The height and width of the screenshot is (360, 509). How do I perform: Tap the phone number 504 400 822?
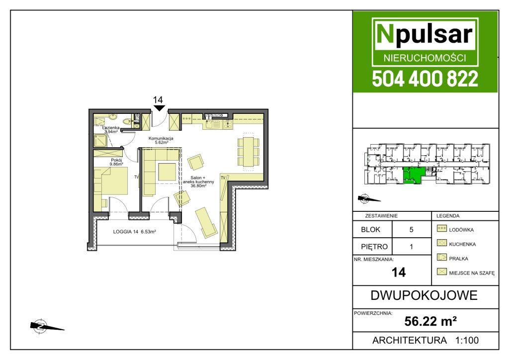coord(425,79)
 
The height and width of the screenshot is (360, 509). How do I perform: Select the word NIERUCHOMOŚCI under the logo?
coord(425,58)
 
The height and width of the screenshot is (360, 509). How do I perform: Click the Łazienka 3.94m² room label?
coord(111,130)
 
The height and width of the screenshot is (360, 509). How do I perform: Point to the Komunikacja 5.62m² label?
coord(161,140)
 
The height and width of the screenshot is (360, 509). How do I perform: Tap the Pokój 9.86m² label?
coord(116,162)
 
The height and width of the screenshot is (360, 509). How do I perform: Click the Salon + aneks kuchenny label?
coord(198,182)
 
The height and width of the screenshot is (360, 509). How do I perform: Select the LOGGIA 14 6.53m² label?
coord(134,232)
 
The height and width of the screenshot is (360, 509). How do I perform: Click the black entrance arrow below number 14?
coord(159,108)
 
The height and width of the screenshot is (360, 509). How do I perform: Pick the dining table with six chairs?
coord(249,151)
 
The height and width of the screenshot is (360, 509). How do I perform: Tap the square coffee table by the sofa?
coord(167,172)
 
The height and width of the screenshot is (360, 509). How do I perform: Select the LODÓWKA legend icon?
coord(441,229)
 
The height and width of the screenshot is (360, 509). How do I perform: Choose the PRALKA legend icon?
coord(441,258)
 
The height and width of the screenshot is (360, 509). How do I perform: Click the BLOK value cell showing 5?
coord(411,230)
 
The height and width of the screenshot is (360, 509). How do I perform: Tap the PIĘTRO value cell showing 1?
coord(411,247)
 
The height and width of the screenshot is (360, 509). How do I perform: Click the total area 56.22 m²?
coord(430,321)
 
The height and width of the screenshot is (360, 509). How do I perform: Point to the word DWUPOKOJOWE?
coord(424,295)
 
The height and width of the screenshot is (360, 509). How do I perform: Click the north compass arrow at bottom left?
coord(47,326)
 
